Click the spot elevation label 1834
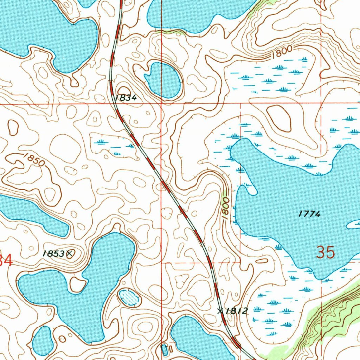click(x=126, y=98)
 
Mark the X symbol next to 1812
click(x=220, y=310)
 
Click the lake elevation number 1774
click(x=309, y=214)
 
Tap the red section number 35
click(x=325, y=253)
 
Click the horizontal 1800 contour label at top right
click(x=282, y=51)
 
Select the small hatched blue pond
click(x=129, y=297)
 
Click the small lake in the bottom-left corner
click(x=43, y=341)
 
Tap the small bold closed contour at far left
click(x=13, y=127)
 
